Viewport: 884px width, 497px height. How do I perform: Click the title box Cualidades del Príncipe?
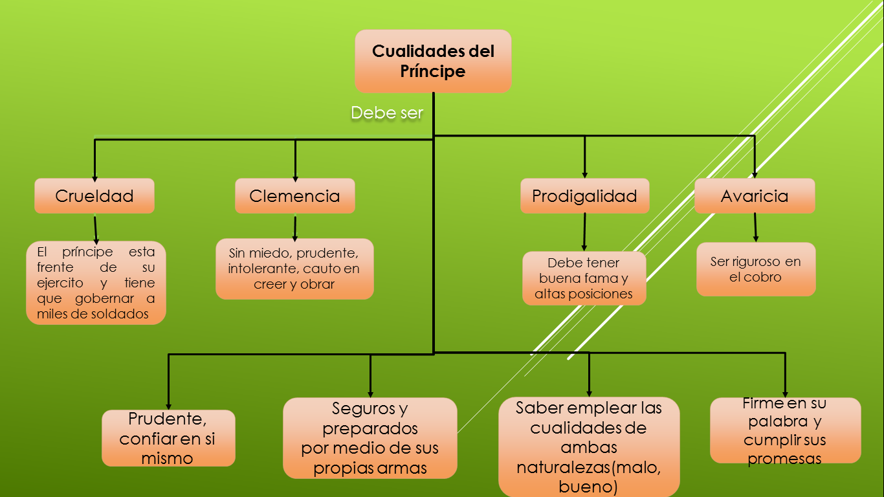coord(433,61)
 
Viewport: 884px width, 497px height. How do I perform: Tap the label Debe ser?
coord(386,113)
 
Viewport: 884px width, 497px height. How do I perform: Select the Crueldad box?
coord(94,196)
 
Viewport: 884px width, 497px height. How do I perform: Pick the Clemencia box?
coord(294,196)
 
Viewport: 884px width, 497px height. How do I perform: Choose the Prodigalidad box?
coord(584,196)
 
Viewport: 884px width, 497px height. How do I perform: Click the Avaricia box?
coord(755,196)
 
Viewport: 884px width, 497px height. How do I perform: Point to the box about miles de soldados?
coord(96,283)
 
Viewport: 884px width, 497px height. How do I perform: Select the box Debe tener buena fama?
coord(584,279)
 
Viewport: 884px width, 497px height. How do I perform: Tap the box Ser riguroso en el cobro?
coord(755,269)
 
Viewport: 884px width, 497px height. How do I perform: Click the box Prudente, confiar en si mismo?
coord(168,438)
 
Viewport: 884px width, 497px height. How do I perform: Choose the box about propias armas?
coord(370,438)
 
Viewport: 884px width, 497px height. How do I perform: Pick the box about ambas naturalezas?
coord(589,447)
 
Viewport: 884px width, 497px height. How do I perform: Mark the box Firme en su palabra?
coord(785,430)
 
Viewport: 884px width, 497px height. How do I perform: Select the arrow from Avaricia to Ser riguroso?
coord(755,228)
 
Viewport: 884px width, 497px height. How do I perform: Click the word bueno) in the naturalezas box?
coord(588,486)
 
